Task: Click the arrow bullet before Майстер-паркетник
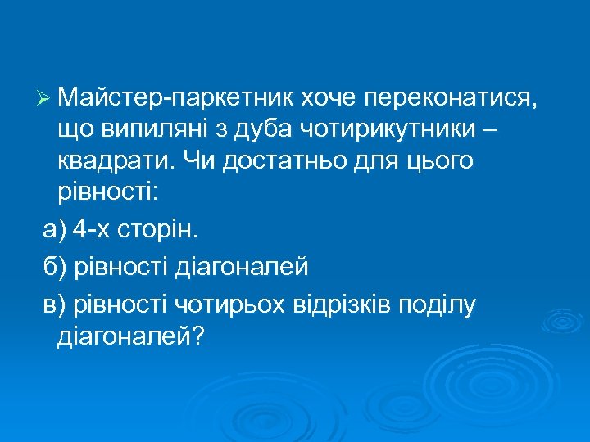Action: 45,100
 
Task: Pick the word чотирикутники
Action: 383,130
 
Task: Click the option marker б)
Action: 56,266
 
